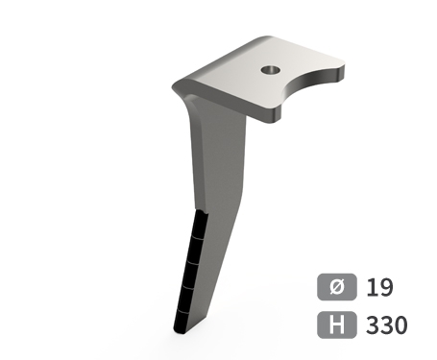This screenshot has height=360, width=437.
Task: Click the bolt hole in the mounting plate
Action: (x=271, y=69)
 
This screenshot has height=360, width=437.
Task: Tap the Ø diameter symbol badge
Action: (x=337, y=287)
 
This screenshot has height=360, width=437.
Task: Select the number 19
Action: (x=379, y=287)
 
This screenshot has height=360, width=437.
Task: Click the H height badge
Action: (x=337, y=324)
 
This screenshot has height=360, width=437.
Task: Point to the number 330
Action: (x=387, y=324)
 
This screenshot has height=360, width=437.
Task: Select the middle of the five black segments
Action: (x=191, y=276)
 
